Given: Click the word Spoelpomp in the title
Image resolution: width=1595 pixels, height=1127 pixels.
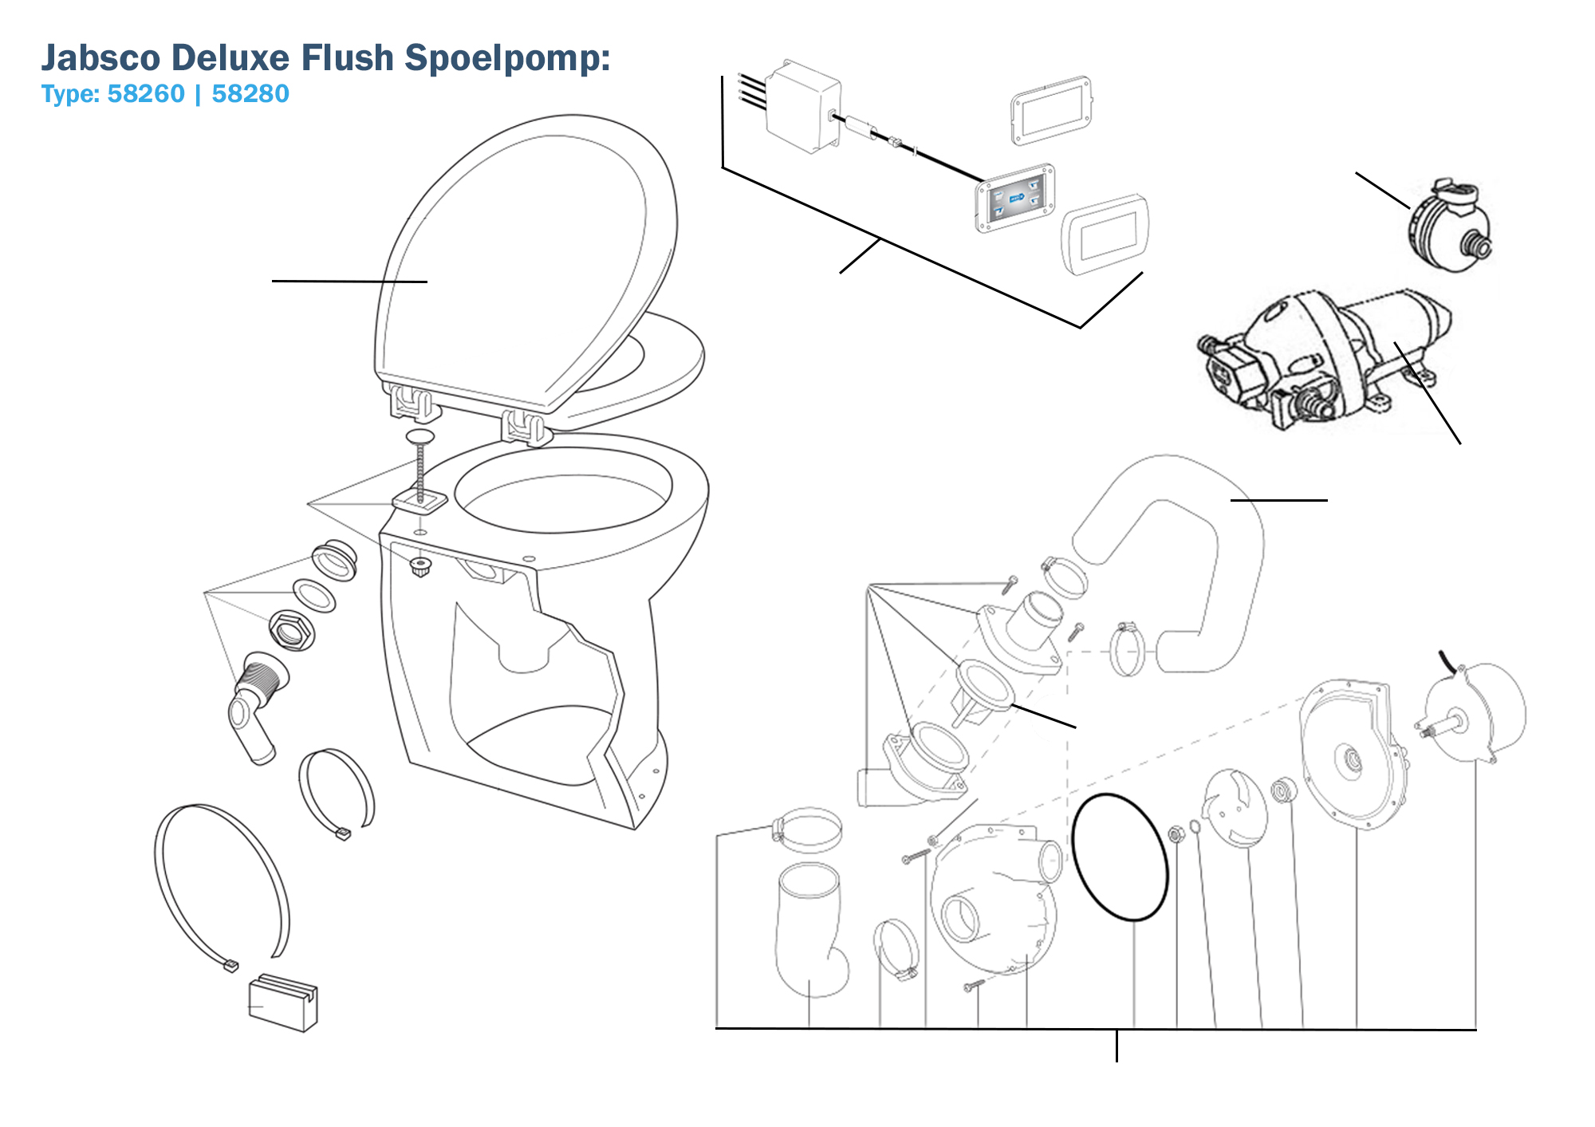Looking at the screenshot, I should point(506,58).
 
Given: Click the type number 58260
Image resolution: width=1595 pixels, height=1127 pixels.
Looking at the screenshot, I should point(146,94).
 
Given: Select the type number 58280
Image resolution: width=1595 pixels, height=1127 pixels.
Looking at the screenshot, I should point(250,94).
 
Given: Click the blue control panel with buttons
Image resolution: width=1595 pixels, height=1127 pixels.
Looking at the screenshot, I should point(1015,198).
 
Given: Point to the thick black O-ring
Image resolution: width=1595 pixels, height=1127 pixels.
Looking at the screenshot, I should point(1120,857).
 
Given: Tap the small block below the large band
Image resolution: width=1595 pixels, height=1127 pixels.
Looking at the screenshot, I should point(283,1003).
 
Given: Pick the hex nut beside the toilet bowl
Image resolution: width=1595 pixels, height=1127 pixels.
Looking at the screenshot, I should point(291,630).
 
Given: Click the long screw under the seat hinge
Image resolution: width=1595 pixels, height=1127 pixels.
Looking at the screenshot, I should point(420,471).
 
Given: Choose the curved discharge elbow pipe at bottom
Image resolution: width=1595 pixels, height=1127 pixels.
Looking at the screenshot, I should point(809,929).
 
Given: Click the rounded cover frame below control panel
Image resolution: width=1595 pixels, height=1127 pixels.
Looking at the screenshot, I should point(1105,234).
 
